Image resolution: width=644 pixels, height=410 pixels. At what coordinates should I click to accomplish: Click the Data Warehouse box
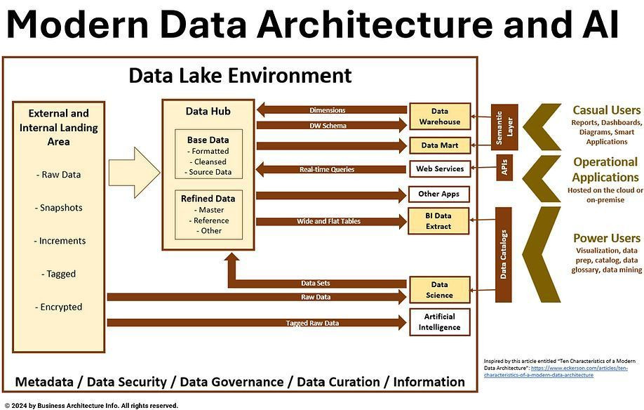tap(439, 117)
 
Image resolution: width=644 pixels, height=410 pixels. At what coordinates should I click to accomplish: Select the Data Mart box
tap(439, 146)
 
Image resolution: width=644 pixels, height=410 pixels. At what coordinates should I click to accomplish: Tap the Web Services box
tap(439, 169)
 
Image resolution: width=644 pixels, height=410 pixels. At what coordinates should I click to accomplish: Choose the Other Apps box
tap(439, 194)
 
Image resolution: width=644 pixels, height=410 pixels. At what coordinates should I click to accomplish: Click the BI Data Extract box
tap(439, 221)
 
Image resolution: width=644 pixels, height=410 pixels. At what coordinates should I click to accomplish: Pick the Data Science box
tap(439, 290)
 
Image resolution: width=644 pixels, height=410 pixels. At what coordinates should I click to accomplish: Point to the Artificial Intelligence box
tap(439, 322)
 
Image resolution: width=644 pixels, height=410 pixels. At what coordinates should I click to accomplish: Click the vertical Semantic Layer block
tap(505, 127)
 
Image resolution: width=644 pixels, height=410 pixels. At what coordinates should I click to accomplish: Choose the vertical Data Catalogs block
tap(504, 254)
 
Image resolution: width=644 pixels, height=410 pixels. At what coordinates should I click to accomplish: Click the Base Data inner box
tap(210, 154)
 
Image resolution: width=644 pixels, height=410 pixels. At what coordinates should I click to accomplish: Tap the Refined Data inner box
tap(210, 213)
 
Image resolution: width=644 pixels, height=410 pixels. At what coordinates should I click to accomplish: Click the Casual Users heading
tap(606, 110)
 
